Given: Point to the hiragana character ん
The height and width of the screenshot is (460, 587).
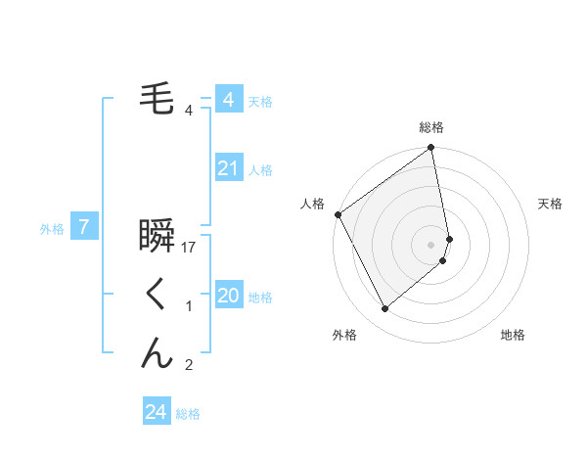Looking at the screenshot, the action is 158,352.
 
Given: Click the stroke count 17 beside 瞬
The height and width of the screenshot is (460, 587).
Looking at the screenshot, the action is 190,248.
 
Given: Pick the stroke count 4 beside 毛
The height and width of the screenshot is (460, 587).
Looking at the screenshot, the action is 189,110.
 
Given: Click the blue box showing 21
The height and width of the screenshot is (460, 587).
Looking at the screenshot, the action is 228,168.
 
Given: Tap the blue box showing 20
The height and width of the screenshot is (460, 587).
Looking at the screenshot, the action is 228,296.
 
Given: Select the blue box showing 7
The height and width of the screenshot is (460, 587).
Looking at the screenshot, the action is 84,228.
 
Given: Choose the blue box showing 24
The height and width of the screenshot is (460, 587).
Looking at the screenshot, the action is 156,412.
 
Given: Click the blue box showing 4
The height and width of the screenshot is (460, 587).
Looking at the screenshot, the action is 228,100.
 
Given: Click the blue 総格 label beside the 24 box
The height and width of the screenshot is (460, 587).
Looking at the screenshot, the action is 189,414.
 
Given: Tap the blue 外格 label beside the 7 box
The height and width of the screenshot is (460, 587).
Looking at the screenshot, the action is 52,229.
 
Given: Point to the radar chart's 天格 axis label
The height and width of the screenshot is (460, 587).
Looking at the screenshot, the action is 551,204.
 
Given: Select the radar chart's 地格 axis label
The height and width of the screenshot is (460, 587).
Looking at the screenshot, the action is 513,335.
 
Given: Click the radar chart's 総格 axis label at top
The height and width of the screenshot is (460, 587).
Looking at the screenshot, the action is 431,127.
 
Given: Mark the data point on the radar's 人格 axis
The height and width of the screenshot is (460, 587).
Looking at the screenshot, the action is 338,214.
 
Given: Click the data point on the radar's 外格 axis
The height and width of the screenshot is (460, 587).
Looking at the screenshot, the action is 384,308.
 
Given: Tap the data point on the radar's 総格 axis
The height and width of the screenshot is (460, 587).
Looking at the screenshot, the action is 431,149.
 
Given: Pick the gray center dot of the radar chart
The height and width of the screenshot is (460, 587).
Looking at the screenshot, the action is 431,244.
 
